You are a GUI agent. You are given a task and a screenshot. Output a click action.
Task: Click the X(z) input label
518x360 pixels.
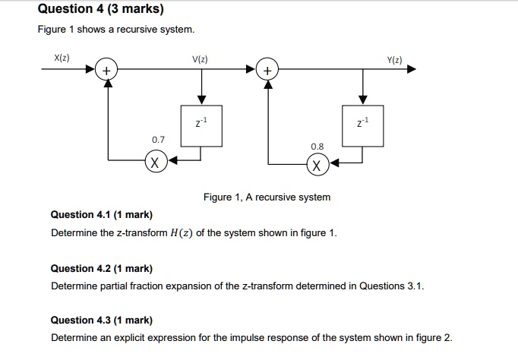coord(62,58)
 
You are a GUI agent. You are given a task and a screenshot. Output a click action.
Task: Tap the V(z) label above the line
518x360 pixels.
coord(200,59)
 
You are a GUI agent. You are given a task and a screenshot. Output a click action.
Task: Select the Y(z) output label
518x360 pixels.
coord(394,60)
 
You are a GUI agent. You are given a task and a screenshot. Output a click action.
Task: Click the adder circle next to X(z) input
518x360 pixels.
coord(106,69)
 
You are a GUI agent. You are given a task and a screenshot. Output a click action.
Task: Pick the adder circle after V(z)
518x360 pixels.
coord(267,69)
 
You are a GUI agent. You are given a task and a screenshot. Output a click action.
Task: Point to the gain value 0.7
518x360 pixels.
coord(158,140)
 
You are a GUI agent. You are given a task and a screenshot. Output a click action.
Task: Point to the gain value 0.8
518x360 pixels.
coord(317,147)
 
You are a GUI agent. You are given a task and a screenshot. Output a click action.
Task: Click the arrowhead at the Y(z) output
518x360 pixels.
coord(412,69)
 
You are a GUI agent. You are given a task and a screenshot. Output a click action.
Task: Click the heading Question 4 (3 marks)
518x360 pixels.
coord(101,9)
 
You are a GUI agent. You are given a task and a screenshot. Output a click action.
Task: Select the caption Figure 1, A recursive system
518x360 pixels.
coord(267,197)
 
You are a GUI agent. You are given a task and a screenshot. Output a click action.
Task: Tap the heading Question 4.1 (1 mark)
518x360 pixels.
coord(102,215)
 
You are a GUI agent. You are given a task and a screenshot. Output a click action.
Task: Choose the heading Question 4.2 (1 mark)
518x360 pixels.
coord(102,269)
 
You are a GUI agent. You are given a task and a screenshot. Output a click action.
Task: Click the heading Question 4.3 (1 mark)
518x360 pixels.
coord(102,320)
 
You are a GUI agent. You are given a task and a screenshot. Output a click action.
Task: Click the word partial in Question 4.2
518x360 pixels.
coord(114,286)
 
